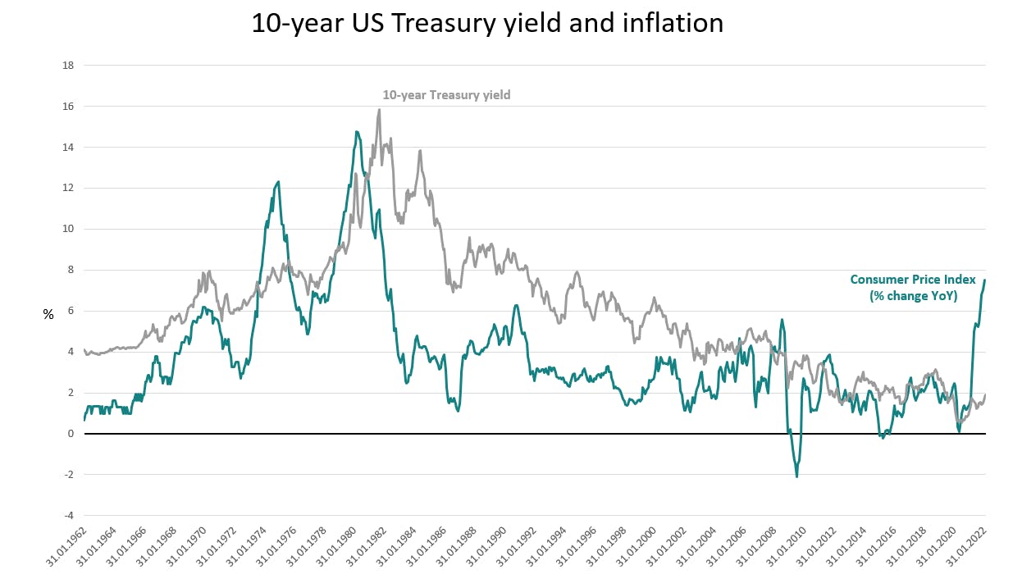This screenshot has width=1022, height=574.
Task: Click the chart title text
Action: [x=487, y=23]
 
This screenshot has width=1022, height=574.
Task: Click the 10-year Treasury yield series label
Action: [x=446, y=95]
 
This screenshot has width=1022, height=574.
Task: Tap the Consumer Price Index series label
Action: [x=913, y=288]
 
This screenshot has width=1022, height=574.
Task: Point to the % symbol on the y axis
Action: [x=48, y=313]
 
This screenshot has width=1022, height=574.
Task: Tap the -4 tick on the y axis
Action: [x=71, y=516]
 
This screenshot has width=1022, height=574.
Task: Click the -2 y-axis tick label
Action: [x=71, y=475]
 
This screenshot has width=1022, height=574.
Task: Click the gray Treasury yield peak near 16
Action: [x=379, y=110]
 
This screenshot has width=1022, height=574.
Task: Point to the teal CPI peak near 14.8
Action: [x=356, y=132]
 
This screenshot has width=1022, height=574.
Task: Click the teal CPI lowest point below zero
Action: [x=796, y=476]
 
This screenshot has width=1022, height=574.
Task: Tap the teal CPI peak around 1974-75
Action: [x=278, y=182]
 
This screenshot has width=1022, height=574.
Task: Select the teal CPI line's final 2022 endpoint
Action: [x=984, y=280]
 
